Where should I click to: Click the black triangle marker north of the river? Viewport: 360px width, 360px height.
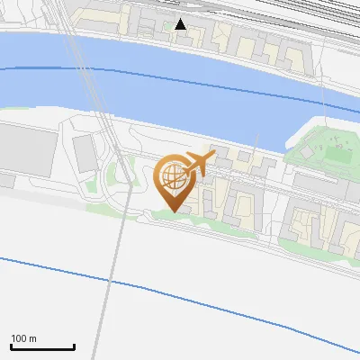point(181,24)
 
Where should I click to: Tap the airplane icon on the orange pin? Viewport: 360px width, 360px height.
point(198,163)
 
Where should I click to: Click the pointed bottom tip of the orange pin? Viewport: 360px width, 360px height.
point(173,211)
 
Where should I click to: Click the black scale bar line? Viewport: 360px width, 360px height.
point(42,346)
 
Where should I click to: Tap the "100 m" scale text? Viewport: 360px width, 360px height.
point(23,338)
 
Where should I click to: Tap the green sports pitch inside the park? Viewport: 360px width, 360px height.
point(334,141)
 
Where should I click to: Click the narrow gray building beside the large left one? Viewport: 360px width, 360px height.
point(84,153)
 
